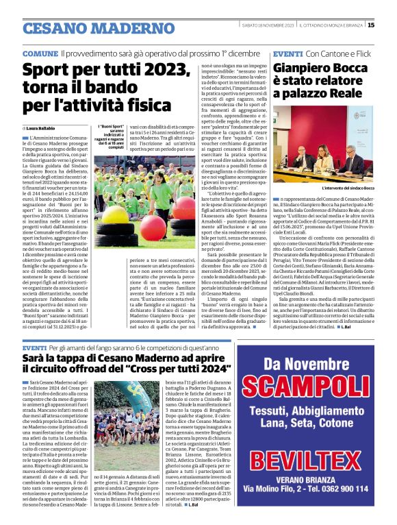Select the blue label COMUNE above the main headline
pos(40,53)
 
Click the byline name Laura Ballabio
pos(47,128)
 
